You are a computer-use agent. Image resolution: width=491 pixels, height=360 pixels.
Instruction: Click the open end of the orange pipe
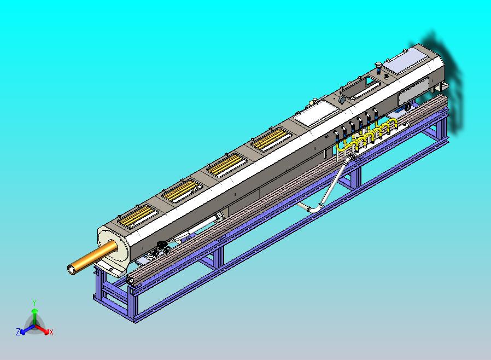71,269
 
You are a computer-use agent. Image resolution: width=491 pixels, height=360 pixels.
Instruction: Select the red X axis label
51,332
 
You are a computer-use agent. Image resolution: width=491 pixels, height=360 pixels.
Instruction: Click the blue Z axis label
17,332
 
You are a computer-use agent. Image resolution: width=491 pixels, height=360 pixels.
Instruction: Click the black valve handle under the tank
160,247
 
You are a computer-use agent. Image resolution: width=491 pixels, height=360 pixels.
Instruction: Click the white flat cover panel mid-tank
315,114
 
